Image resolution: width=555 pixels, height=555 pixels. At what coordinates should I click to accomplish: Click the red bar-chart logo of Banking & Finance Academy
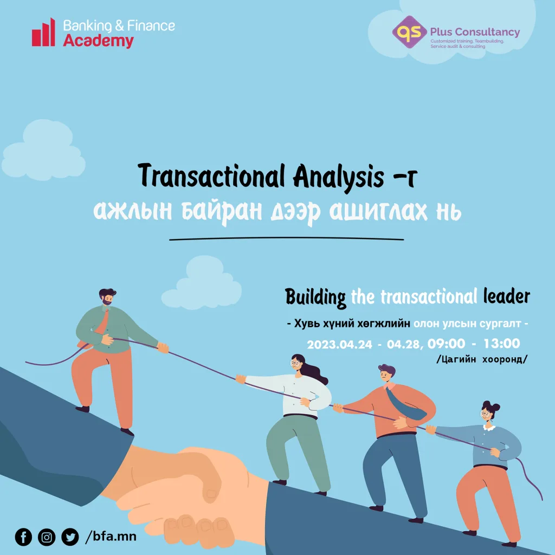(x=43, y=33)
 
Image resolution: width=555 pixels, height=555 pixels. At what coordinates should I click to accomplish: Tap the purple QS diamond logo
(x=409, y=32)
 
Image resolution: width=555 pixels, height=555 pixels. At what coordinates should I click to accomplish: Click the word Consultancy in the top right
(x=487, y=32)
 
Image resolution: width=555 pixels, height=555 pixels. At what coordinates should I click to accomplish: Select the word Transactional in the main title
(x=211, y=176)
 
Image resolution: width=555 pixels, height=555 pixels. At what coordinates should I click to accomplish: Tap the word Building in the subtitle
(x=315, y=298)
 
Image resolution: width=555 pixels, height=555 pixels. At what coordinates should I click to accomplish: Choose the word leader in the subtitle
(x=507, y=296)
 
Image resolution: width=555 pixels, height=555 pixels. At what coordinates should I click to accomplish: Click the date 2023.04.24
(x=339, y=344)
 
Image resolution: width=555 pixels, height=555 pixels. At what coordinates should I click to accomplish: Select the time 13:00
(x=501, y=343)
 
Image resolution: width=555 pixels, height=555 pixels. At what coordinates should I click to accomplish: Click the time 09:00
(x=446, y=344)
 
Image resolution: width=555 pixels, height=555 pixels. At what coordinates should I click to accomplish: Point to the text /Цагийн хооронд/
(x=482, y=359)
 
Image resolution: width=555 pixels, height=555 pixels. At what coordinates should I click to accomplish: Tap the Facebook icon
(x=23, y=537)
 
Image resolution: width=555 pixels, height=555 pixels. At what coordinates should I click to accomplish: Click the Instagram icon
(x=47, y=537)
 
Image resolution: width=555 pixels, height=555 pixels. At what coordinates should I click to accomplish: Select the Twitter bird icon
(x=70, y=537)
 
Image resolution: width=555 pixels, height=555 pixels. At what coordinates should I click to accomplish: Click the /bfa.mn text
(x=111, y=537)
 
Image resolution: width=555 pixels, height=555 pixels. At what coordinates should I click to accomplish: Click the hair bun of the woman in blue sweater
(x=491, y=405)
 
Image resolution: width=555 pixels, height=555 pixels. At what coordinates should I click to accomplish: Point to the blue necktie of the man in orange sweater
(x=406, y=403)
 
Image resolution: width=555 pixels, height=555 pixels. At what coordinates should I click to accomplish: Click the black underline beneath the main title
(x=286, y=238)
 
